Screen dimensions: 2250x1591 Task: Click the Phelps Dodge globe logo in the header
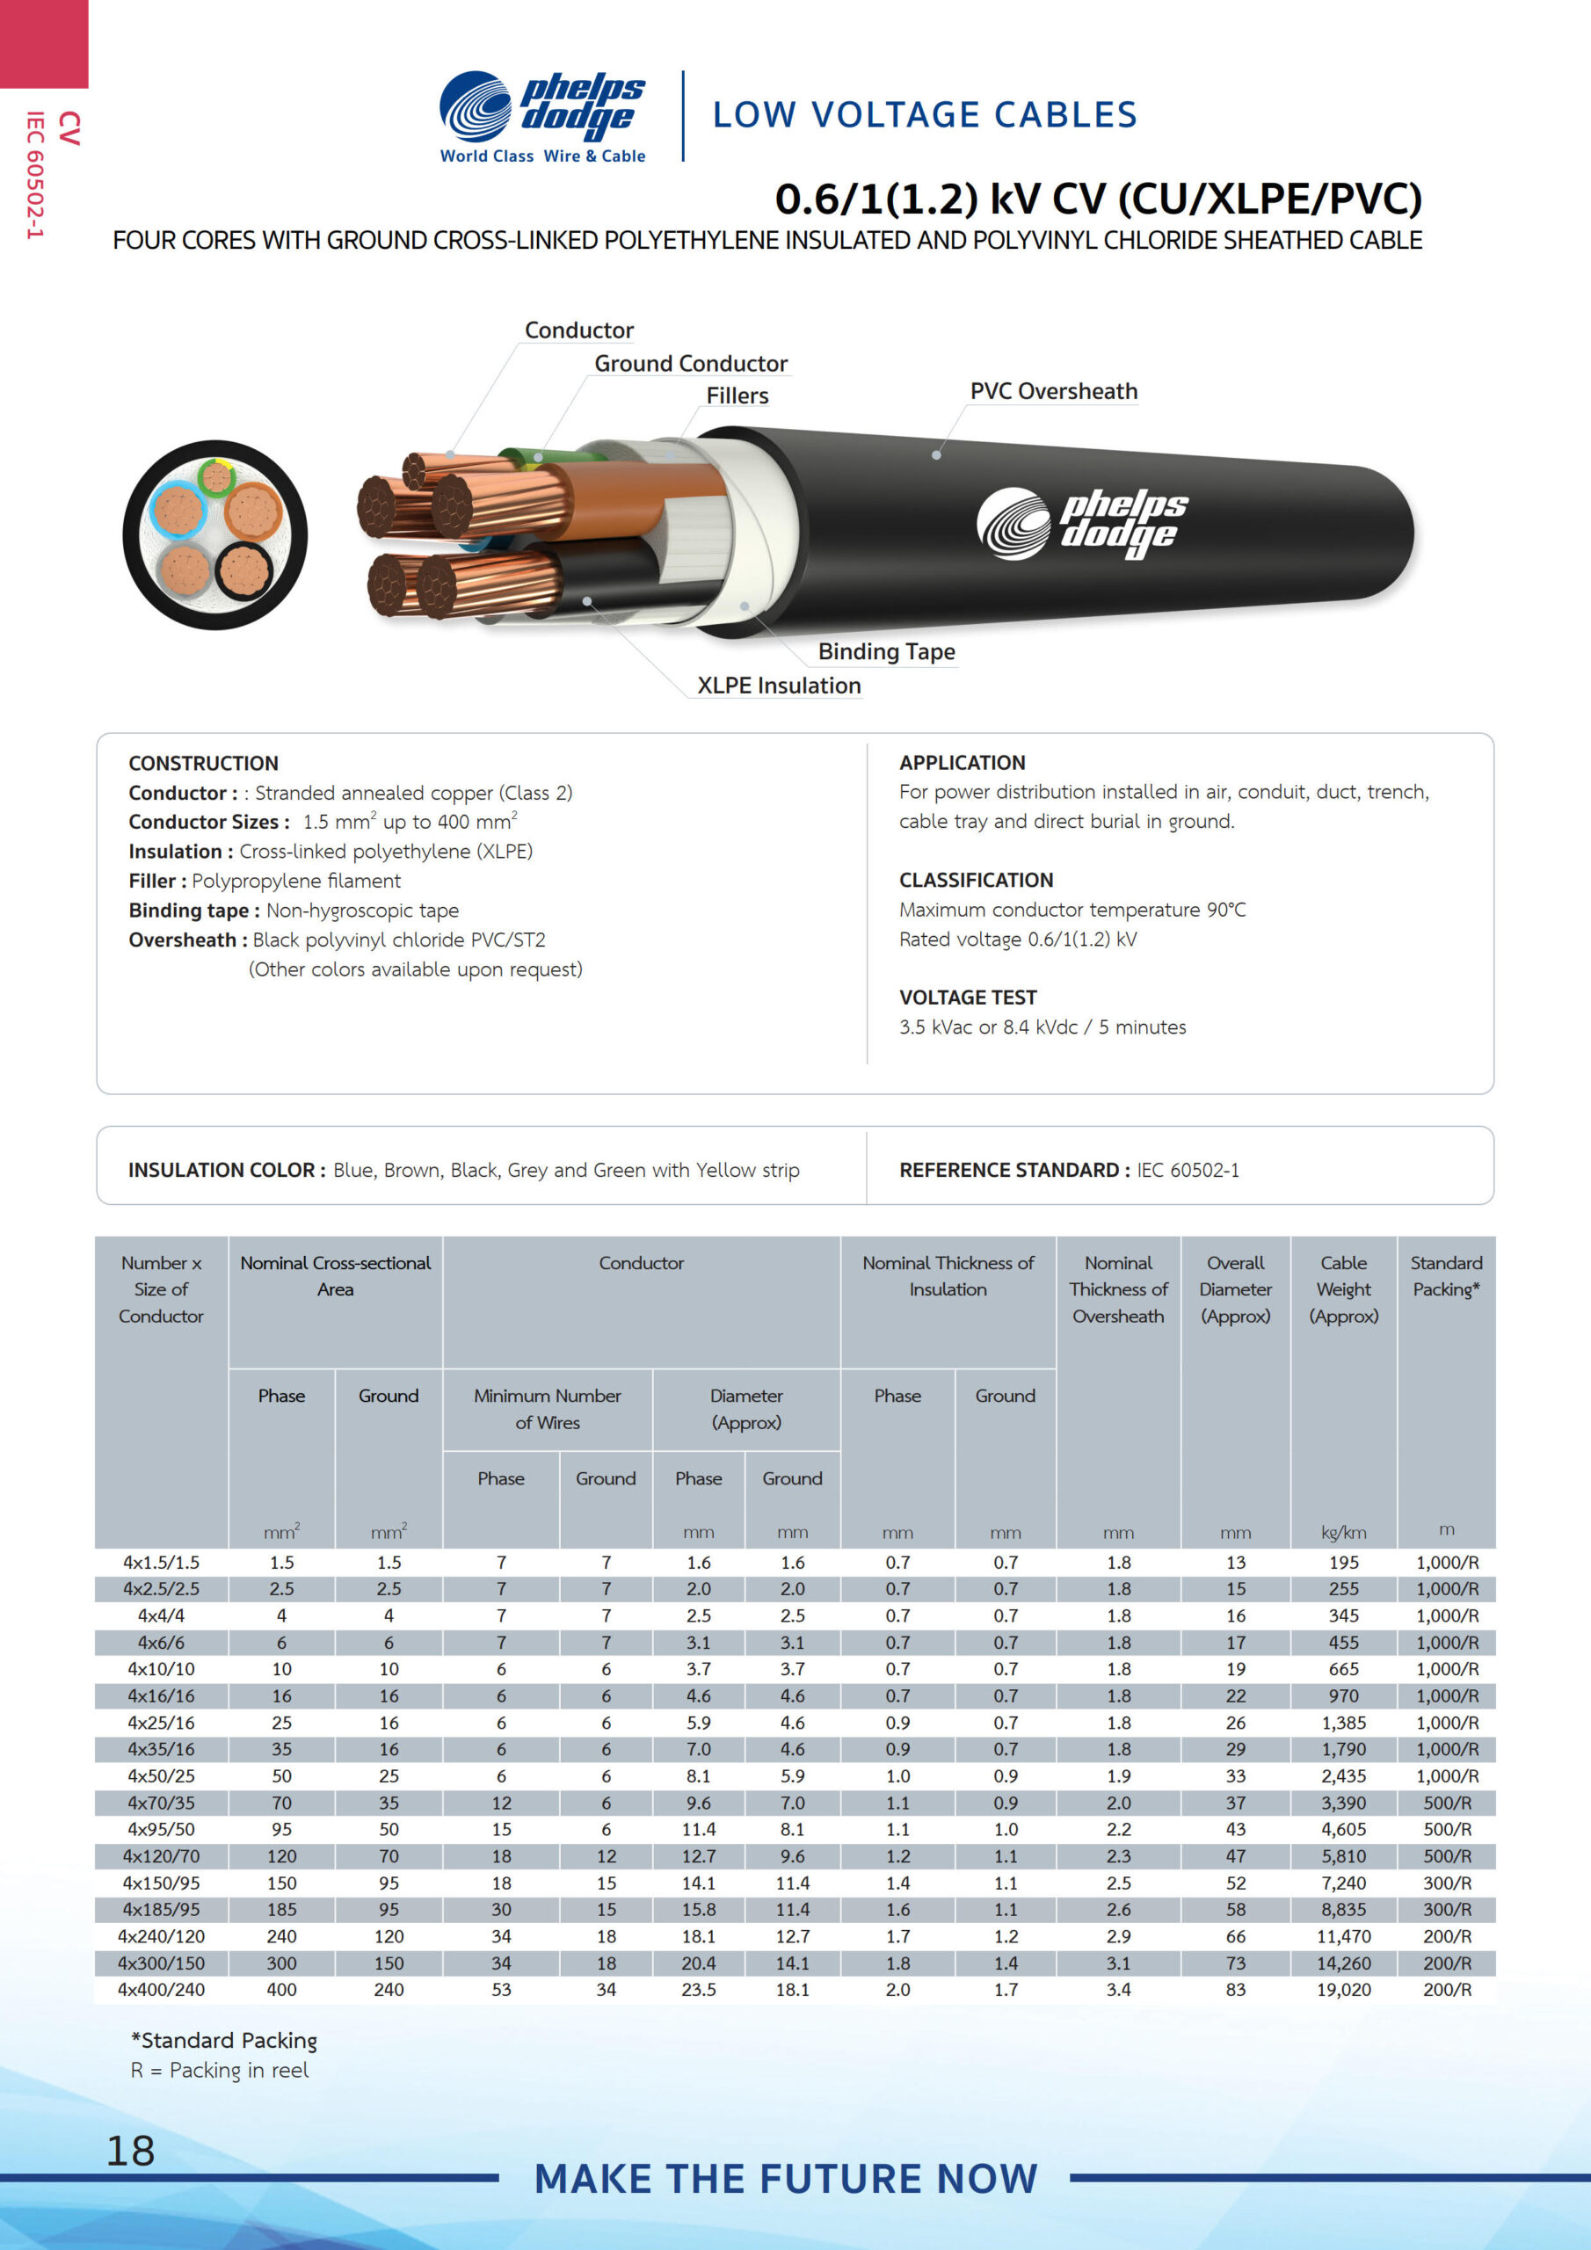point(476,105)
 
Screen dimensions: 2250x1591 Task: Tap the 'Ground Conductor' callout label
point(690,364)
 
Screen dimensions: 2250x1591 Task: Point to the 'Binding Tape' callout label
point(886,651)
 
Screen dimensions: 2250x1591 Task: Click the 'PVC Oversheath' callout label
point(1054,391)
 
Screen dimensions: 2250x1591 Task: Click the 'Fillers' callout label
point(737,396)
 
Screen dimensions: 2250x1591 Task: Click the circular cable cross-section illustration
point(214,535)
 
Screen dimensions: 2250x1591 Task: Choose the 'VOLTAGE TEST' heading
point(968,998)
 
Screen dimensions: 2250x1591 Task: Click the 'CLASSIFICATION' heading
point(977,880)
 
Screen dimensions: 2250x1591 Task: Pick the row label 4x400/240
point(162,1989)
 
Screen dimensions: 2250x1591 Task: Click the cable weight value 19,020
point(1343,1989)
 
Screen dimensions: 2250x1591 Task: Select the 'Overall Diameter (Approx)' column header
point(1235,1288)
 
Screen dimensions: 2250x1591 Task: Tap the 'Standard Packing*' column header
point(1446,1276)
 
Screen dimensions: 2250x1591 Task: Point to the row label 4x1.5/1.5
point(162,1562)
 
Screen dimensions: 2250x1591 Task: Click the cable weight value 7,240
point(1343,1883)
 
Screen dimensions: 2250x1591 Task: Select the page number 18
point(130,2150)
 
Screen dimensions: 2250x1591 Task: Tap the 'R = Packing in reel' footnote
point(220,2070)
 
